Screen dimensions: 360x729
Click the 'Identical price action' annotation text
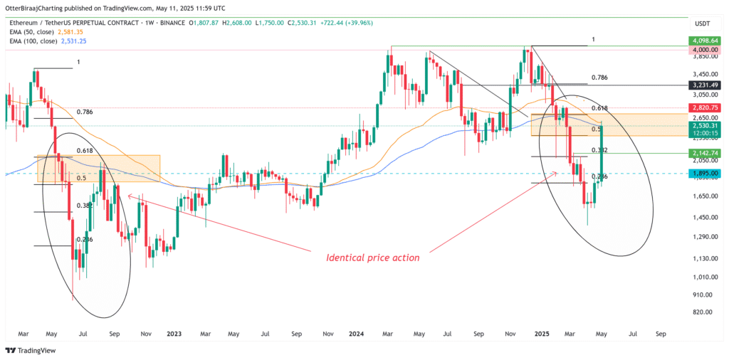click(x=372, y=257)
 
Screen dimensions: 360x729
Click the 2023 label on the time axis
click(x=174, y=333)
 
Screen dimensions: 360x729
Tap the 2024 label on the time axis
click(x=357, y=333)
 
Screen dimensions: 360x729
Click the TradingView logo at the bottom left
click(x=32, y=351)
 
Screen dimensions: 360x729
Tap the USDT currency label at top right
click(x=703, y=21)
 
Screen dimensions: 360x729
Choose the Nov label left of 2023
click(x=145, y=333)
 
